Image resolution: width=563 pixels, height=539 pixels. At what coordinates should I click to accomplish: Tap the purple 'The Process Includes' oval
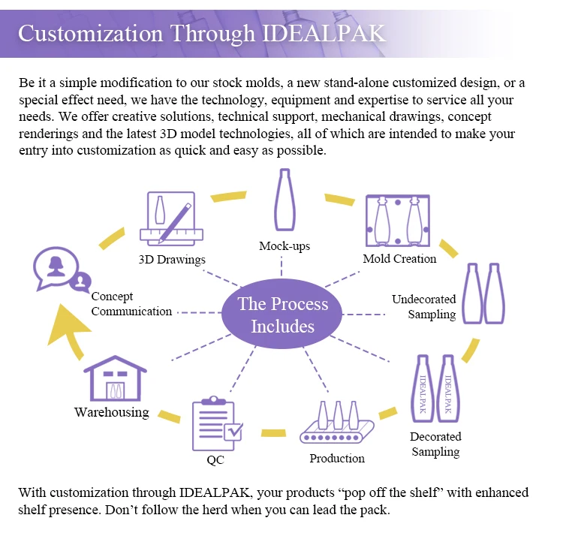282,315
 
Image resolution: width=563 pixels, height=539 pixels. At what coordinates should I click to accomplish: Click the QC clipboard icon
217,424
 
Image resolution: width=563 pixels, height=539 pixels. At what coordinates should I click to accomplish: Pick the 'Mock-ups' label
285,246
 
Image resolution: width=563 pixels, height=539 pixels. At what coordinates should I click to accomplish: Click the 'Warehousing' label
111,412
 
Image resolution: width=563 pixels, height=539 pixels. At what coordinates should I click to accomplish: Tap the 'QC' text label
215,459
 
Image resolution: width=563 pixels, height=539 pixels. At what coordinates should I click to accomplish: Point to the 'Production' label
337,458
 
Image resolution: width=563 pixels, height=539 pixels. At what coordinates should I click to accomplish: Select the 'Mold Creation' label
399,259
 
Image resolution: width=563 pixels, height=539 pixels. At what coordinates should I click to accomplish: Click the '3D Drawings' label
172,260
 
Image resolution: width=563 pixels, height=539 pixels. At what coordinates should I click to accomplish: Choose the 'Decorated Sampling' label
435,444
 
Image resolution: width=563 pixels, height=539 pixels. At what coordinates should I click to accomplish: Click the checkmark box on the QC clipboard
233,431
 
